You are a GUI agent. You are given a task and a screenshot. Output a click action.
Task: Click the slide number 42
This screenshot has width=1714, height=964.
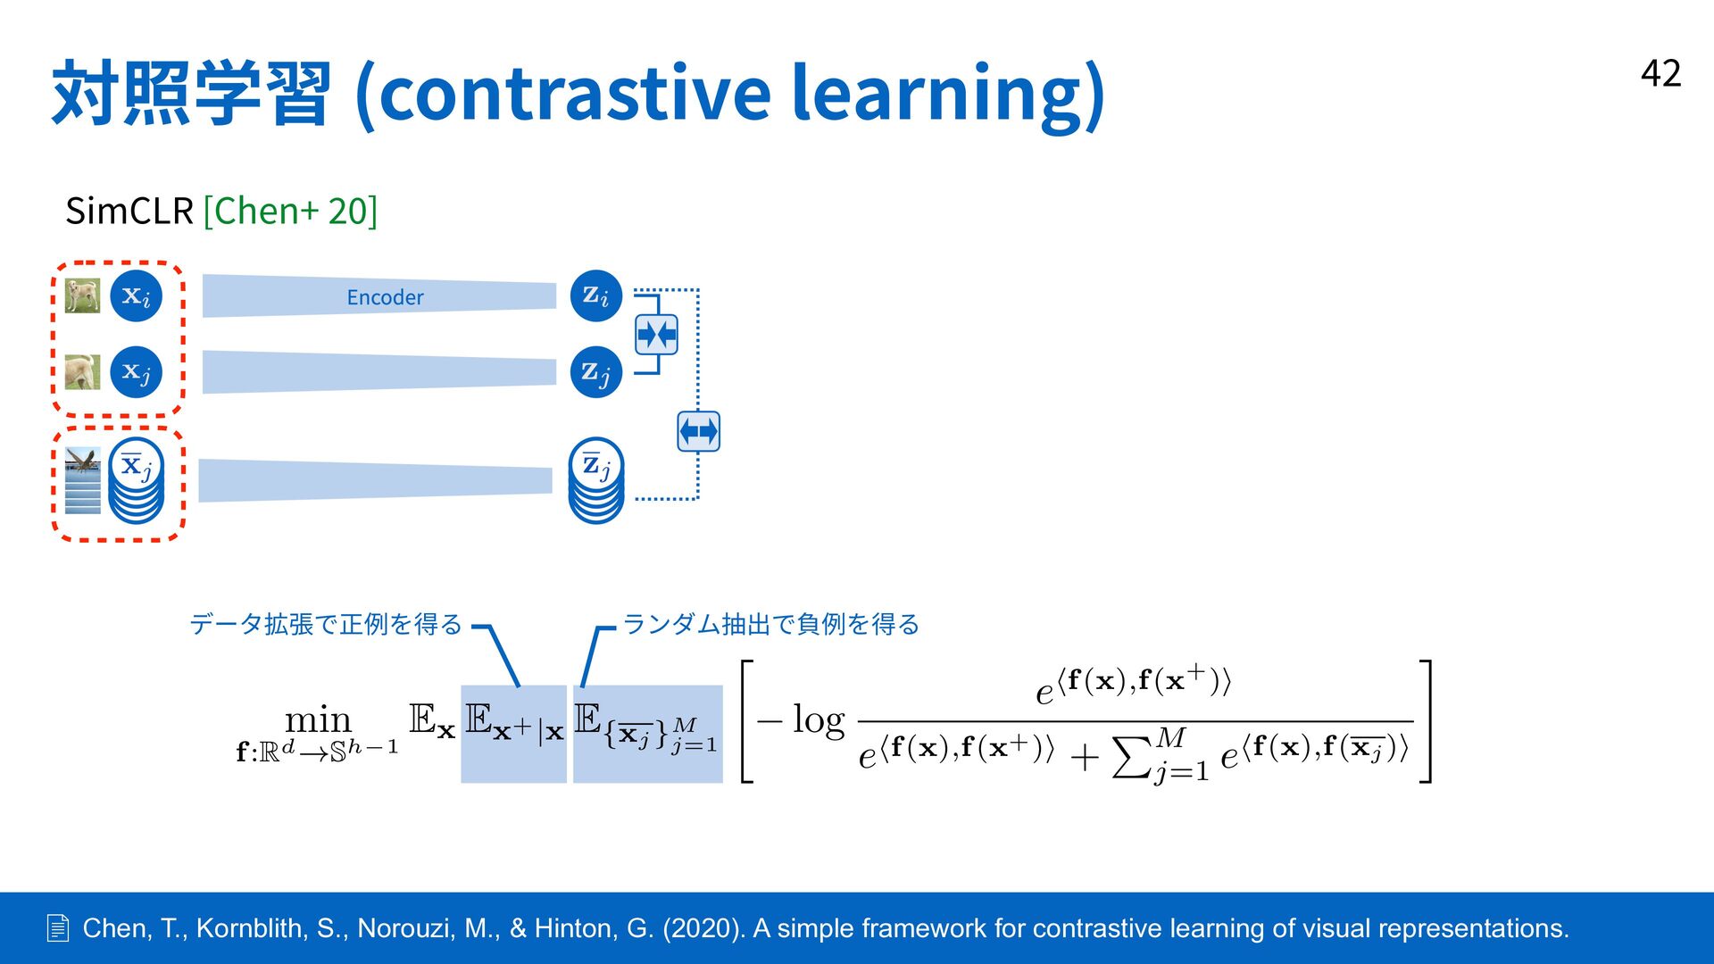(1660, 73)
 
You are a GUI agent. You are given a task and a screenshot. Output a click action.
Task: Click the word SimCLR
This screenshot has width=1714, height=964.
(129, 212)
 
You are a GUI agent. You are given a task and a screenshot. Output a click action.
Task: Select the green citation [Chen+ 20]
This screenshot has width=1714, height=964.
(290, 212)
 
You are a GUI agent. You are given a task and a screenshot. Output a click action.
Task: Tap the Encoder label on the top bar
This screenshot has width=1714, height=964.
(385, 297)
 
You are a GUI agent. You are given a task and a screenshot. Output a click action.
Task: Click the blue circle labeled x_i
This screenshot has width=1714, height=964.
(136, 295)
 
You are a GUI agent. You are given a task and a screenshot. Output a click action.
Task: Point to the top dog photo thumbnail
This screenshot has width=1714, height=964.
(82, 295)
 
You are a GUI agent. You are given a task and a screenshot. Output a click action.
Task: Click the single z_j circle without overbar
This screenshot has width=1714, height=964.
(595, 371)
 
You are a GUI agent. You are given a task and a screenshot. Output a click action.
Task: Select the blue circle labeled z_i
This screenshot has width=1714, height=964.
(595, 295)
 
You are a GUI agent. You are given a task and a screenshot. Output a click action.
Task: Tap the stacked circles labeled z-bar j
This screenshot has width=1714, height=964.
(596, 480)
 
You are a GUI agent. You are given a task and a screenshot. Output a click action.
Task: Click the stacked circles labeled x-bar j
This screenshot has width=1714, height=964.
(136, 480)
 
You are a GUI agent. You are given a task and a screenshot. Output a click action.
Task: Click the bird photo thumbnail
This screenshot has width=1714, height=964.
(82, 480)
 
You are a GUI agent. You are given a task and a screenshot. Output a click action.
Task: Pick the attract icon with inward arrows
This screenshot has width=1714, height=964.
(656, 335)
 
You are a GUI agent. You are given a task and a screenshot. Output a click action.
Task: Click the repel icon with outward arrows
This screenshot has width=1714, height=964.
(698, 432)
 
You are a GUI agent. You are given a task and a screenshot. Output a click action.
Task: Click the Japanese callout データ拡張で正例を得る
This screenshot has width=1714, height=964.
(326, 624)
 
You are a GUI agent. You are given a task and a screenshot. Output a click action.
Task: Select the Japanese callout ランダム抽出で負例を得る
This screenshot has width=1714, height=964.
(771, 624)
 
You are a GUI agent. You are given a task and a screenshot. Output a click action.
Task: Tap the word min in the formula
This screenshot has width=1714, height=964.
(318, 719)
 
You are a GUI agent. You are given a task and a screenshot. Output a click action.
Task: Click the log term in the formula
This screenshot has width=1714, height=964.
(818, 719)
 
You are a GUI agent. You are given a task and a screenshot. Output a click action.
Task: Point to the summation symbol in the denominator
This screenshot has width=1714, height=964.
(1132, 756)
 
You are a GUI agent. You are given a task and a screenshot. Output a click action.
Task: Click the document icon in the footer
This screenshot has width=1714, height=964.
(57, 928)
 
